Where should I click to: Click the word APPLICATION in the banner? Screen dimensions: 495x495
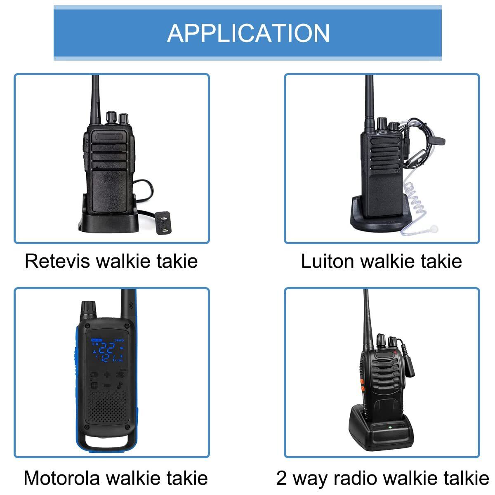point(248,33)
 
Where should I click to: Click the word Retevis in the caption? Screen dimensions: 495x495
point(57,261)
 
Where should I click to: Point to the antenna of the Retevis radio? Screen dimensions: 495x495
point(96,99)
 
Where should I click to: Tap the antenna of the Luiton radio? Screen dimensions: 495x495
point(369,99)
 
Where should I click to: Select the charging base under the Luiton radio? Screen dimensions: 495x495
point(379,217)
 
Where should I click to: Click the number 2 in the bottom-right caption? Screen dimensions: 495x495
point(281,478)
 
